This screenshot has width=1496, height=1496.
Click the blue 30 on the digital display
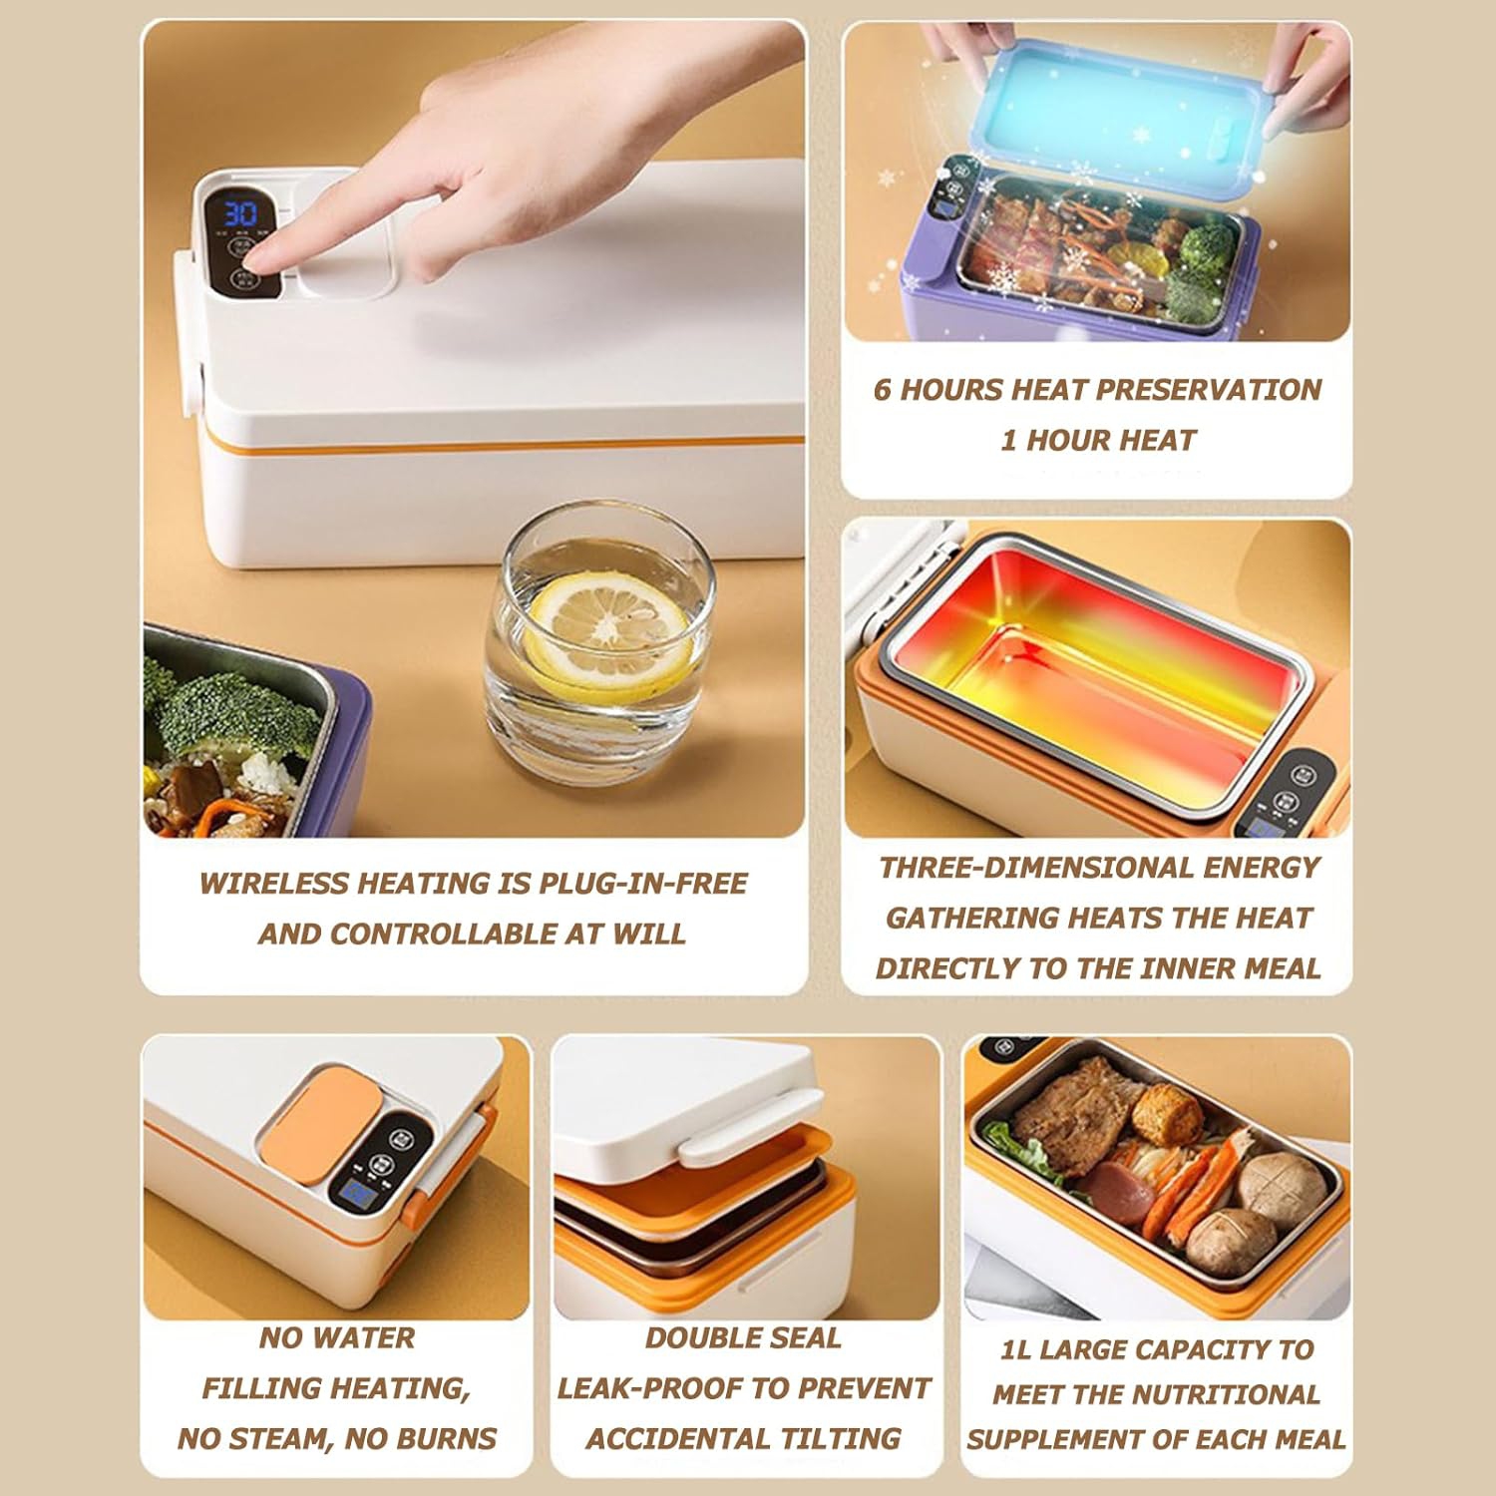(x=239, y=213)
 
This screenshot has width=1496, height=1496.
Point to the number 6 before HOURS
(x=882, y=389)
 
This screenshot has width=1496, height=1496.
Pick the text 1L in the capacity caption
(x=1015, y=1349)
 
